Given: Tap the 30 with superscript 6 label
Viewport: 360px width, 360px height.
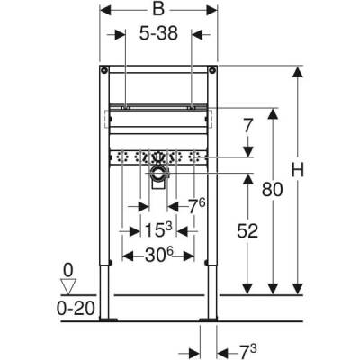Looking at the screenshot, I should tap(159, 255).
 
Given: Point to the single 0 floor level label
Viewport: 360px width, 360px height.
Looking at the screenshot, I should tap(67, 269).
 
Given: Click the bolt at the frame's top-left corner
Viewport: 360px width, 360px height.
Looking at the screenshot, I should tap(106, 69).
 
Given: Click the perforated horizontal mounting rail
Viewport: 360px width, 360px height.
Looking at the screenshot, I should tap(159, 156).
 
